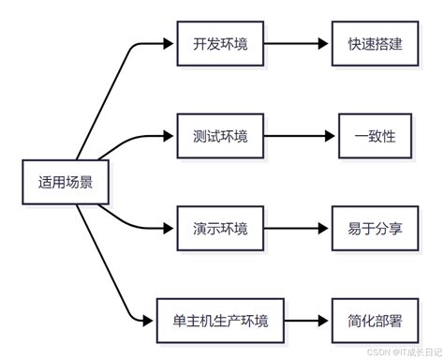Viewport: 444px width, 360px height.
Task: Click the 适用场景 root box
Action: tap(65, 182)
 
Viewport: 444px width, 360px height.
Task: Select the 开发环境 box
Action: tap(220, 44)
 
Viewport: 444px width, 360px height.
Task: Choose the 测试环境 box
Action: tap(220, 137)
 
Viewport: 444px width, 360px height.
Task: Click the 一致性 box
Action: tap(376, 137)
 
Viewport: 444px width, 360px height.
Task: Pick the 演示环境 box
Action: tap(220, 228)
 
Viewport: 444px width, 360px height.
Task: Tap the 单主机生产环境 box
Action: tap(220, 321)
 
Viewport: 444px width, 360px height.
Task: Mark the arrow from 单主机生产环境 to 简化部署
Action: tap(307, 321)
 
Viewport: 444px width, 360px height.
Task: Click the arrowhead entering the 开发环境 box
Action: tap(170, 44)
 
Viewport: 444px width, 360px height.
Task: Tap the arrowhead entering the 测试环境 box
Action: tap(170, 137)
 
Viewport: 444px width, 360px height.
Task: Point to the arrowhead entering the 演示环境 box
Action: tap(170, 228)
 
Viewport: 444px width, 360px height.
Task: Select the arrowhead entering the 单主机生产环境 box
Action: tap(148, 321)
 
